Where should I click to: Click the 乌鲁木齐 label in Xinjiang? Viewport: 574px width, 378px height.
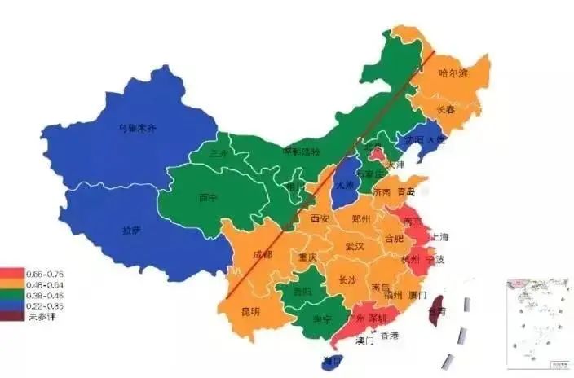[x=136, y=128]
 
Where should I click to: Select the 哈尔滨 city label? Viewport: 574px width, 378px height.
[x=454, y=73]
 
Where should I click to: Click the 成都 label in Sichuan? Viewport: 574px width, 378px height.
[x=263, y=255]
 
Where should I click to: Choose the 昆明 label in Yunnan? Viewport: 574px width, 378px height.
[x=249, y=311]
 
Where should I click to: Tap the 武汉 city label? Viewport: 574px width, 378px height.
[x=355, y=245]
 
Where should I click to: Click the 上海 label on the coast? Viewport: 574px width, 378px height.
[x=438, y=237]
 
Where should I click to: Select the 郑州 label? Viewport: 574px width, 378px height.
[x=361, y=219]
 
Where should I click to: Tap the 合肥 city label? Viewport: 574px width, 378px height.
[x=394, y=238]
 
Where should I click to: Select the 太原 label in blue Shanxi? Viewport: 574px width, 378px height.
[x=344, y=185]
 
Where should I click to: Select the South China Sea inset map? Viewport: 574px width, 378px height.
[x=536, y=319]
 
